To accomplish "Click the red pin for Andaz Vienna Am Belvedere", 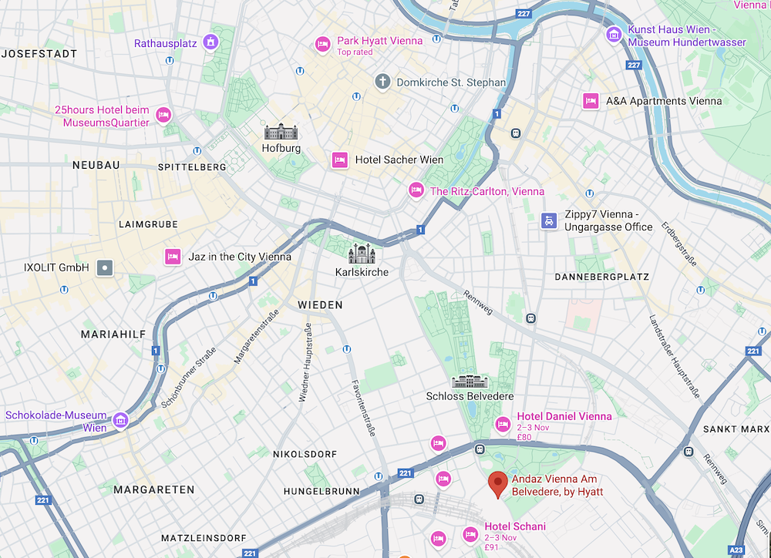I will [x=499, y=483].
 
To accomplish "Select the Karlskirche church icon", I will [x=362, y=254].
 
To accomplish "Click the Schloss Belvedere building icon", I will [x=470, y=382].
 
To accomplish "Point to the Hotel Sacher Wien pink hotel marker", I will [x=339, y=160].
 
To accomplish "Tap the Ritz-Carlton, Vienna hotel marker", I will [x=416, y=190].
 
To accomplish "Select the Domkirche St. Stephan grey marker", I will [x=382, y=82].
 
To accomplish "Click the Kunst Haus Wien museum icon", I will [x=614, y=34].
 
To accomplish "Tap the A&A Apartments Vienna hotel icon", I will [x=591, y=101].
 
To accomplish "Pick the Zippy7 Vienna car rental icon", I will [x=548, y=220].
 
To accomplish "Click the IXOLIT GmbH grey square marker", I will [x=105, y=268].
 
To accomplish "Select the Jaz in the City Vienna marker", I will [x=173, y=256].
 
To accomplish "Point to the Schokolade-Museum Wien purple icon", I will [x=120, y=421].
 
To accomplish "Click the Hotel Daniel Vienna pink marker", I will [x=503, y=424].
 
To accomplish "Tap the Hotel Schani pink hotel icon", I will [x=470, y=534].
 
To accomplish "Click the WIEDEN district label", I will [x=320, y=305].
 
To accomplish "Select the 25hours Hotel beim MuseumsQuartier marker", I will [x=163, y=115].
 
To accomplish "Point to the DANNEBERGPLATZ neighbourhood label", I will [x=601, y=277].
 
